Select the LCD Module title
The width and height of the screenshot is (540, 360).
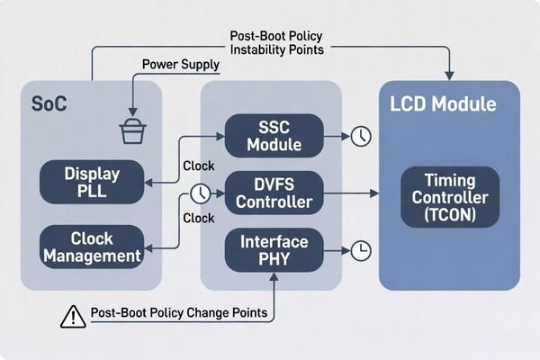click(444, 103)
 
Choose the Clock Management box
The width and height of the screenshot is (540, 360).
click(91, 247)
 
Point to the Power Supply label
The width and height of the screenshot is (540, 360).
click(179, 65)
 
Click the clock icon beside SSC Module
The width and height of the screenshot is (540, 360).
click(360, 136)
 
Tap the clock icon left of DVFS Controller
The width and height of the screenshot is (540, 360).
click(200, 193)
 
